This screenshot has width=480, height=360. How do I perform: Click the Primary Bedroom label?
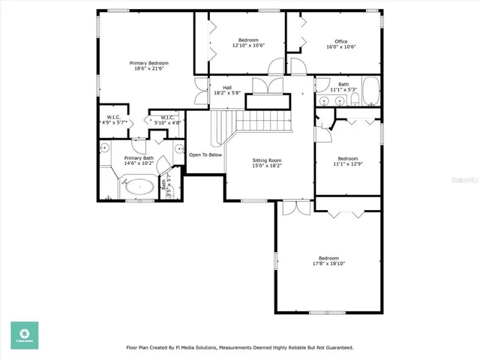[x=148, y=63]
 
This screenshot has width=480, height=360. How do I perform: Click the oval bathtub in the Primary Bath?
[x=139, y=187]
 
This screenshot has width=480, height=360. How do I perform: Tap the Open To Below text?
[x=205, y=154]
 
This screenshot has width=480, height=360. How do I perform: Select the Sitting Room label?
[x=266, y=160]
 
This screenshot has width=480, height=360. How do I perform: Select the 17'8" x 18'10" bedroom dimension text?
[x=328, y=263]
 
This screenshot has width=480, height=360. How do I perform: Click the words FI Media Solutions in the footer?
[x=196, y=348]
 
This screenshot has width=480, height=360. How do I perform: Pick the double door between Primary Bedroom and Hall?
[x=200, y=91]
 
